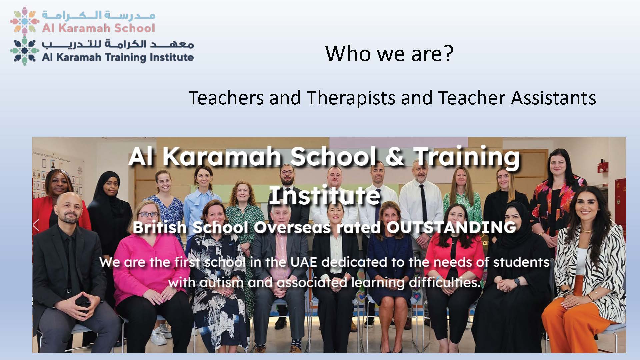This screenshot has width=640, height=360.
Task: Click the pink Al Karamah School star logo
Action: pyautogui.click(x=24, y=21)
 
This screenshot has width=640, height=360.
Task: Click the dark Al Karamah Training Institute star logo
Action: pyautogui.click(x=24, y=51)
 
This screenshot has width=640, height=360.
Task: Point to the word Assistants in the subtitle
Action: pyautogui.click(x=553, y=98)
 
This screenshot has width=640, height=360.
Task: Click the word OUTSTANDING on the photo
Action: pyautogui.click(x=451, y=227)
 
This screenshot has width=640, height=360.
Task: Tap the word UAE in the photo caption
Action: pyautogui.click(x=303, y=262)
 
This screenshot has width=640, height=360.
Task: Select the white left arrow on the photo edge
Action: pyautogui.click(x=36, y=225)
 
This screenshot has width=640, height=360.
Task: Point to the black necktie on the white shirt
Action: pyautogui.click(x=423, y=199)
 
